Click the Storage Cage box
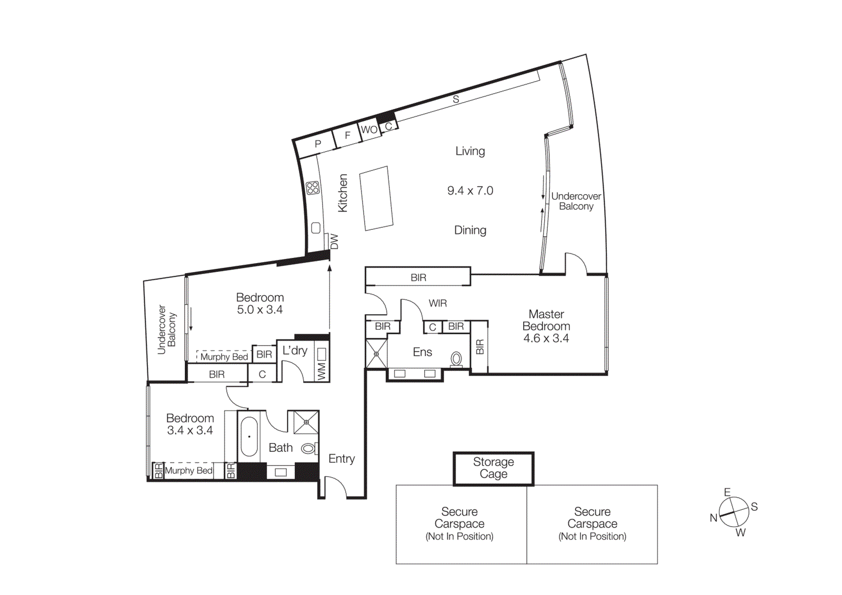493,468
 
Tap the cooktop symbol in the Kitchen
313,188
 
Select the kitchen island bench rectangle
376,198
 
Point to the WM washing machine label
322,371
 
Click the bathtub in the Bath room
249,437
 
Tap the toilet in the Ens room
456,359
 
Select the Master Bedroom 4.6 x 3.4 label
546,326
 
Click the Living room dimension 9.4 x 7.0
470,191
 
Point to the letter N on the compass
713,518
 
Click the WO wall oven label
369,130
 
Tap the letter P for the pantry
318,144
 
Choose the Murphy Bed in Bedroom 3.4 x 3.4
188,470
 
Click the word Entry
342,459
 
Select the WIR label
437,304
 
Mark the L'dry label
295,350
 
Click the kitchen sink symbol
316,228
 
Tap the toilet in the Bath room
308,448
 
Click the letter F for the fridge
347,136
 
